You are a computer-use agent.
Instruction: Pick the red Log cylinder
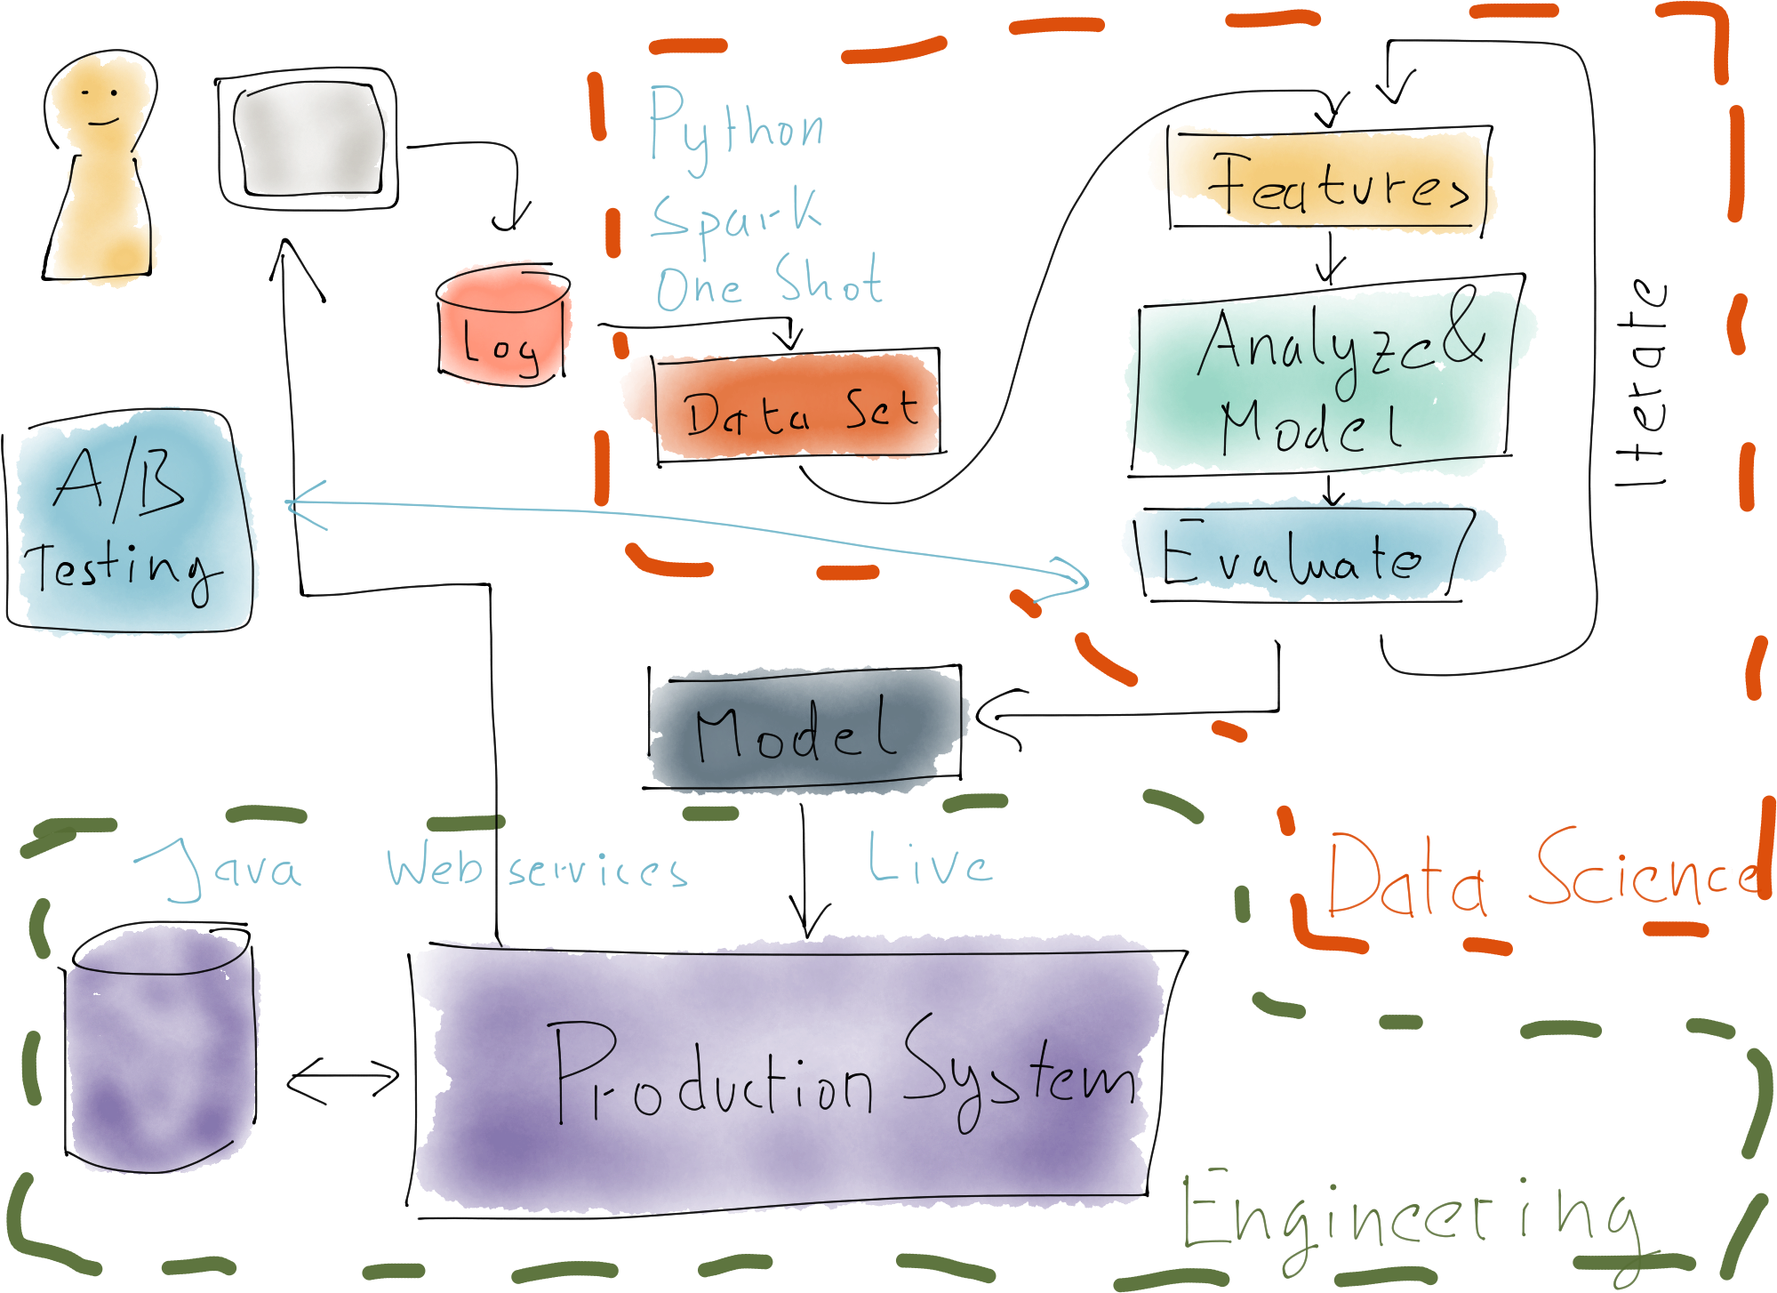tap(503, 327)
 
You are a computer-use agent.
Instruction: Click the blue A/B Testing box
tap(133, 525)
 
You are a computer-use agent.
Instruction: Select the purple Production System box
tap(787, 1076)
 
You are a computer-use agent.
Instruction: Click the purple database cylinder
tap(160, 1054)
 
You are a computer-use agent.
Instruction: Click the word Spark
tap(736, 216)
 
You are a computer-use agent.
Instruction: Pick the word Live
tap(929, 861)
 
